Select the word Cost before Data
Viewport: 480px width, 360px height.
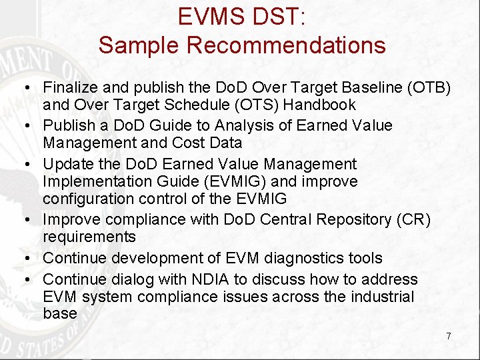point(189,143)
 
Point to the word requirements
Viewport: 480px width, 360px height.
point(89,237)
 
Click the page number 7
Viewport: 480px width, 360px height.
point(449,336)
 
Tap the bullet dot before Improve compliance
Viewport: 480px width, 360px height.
point(31,220)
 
